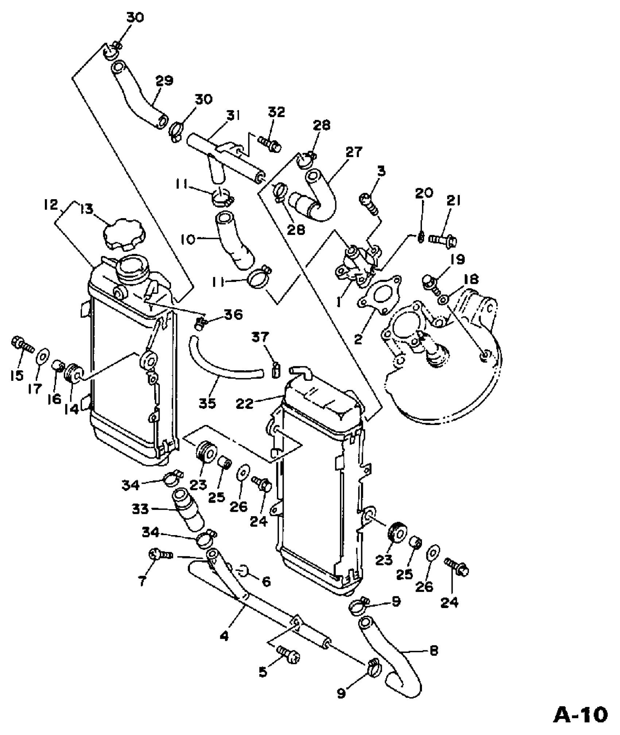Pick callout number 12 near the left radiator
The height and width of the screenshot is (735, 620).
(x=50, y=205)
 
